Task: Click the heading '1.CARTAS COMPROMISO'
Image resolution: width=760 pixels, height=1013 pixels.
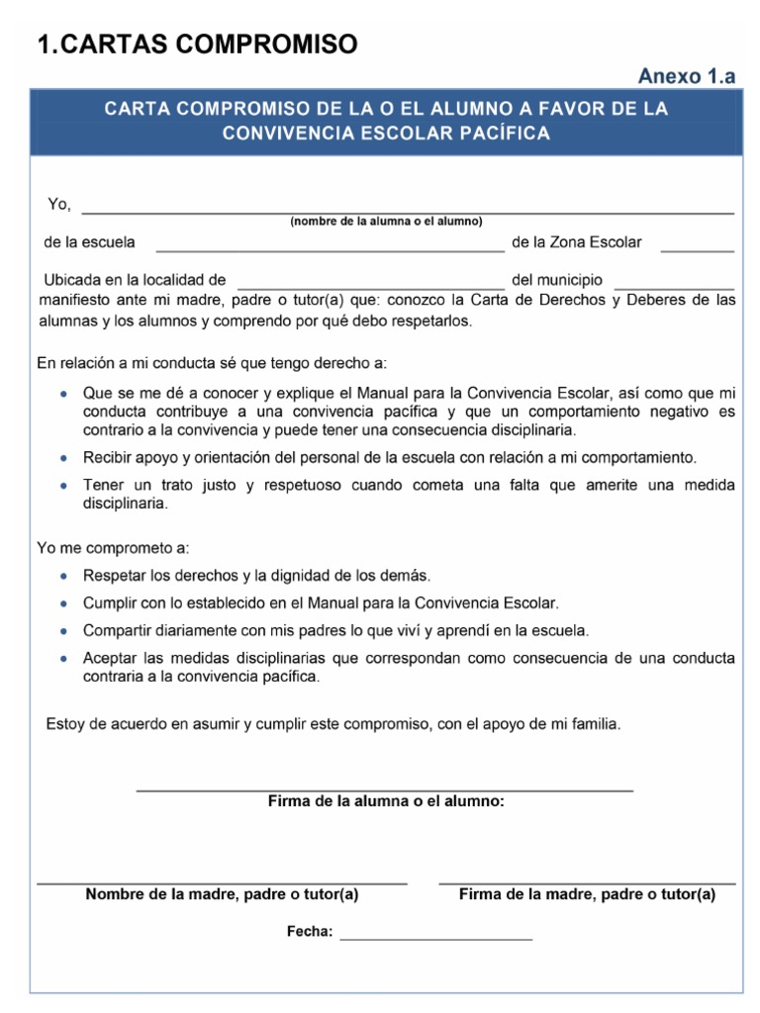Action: [x=197, y=44]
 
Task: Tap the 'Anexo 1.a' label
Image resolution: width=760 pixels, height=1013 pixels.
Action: [x=687, y=77]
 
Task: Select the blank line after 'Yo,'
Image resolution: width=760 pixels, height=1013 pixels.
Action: [x=407, y=212]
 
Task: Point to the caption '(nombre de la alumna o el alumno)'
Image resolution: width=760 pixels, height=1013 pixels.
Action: [x=386, y=222]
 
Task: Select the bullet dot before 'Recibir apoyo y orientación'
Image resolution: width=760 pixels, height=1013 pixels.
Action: [x=63, y=459]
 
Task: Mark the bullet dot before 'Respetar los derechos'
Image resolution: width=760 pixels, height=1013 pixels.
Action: [x=63, y=576]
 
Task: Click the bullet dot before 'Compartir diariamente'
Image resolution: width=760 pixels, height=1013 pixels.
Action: [x=63, y=631]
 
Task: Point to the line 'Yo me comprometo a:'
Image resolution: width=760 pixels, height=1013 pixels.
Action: [x=113, y=548]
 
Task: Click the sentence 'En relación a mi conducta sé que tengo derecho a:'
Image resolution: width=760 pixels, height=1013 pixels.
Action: [x=212, y=364]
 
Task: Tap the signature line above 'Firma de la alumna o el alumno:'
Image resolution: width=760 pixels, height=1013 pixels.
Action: [x=384, y=790]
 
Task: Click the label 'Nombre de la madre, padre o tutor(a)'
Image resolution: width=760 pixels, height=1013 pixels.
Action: [x=222, y=895]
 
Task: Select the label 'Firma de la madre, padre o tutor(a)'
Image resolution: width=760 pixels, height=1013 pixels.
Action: [x=587, y=895]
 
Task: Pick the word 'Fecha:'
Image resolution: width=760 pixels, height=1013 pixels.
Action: [x=310, y=932]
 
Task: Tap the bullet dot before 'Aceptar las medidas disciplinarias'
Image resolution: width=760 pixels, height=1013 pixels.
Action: [x=63, y=659]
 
